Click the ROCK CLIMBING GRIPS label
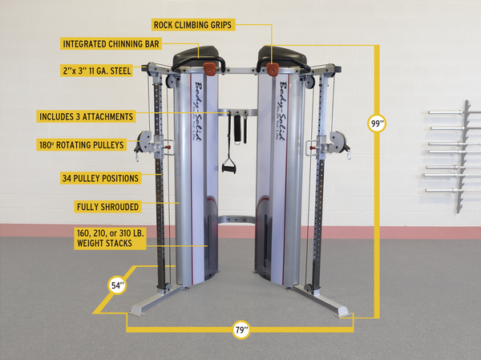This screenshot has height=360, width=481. tap(193, 25)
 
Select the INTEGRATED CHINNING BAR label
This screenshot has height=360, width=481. tap(111, 44)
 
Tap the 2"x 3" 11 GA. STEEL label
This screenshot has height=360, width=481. tap(97, 71)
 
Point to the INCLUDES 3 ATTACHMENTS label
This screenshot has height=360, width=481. tap(87, 116)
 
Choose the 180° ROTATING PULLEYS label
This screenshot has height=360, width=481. tap(82, 145)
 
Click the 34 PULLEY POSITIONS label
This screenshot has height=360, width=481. tap(101, 178)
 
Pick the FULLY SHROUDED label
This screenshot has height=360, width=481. tap(107, 207)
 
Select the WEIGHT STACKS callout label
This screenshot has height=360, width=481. tap(110, 238)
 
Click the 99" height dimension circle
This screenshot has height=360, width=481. tap(377, 123)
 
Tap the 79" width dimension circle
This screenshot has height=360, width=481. tap(241, 330)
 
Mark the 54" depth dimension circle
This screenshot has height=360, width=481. tap(117, 285)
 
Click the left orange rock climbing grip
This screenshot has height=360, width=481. tap(210, 68)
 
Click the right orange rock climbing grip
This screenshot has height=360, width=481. tap(273, 70)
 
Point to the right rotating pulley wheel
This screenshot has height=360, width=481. tap(338, 142)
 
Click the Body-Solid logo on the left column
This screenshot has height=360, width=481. tap(197, 111)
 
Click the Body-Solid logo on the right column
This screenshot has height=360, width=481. tap(281, 111)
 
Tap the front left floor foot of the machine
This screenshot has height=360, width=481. tap(138, 310)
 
